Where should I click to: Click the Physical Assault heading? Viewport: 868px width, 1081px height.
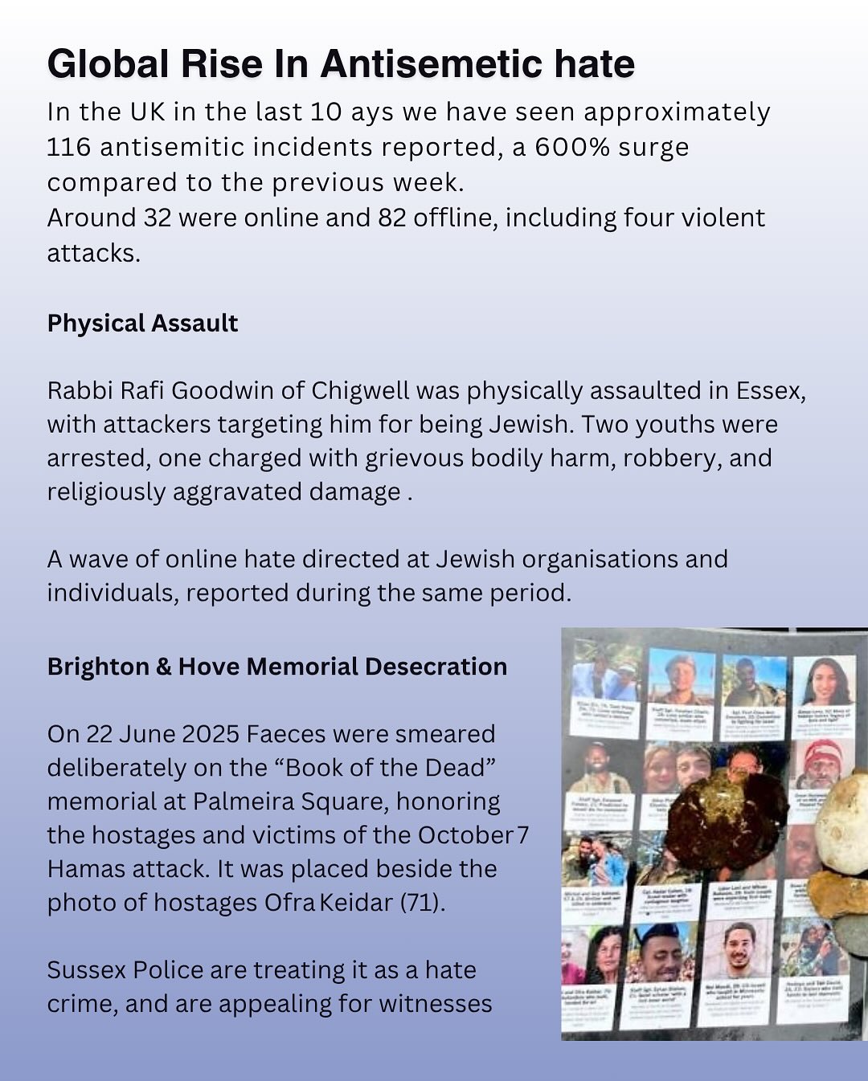pyautogui.click(x=142, y=323)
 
